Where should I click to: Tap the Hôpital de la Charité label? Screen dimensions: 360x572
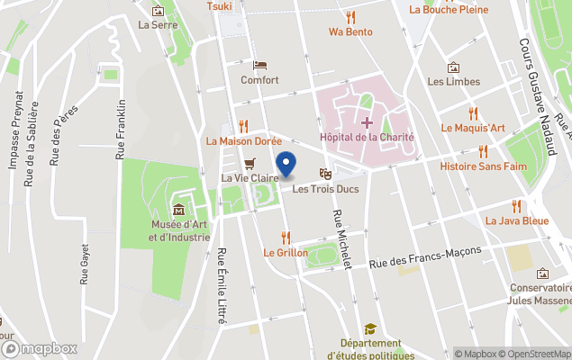coord(367,138)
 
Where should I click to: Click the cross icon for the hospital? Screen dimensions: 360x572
coord(367,121)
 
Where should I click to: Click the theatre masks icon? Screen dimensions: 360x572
coord(325,173)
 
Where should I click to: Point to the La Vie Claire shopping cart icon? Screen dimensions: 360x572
coord(250,163)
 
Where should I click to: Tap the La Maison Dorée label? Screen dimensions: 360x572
coord(243,140)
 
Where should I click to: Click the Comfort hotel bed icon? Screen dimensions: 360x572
coord(259,65)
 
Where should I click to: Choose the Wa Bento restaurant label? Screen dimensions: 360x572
coord(350,31)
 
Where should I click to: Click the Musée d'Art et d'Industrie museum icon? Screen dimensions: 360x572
coord(178,210)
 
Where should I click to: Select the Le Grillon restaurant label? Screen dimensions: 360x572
coord(286,253)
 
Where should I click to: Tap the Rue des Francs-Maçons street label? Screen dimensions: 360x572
coord(428,257)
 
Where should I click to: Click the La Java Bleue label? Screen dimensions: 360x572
coord(516,220)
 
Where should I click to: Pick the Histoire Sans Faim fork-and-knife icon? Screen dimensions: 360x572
coord(483,151)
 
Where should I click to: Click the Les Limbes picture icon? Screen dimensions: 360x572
coord(454,67)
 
